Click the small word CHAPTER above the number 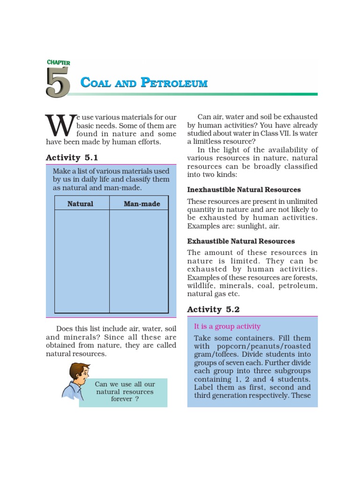tap(58, 62)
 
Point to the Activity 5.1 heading tap(72, 158)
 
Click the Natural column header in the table tap(80, 204)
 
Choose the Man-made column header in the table tap(142, 204)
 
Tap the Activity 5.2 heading tap(213, 309)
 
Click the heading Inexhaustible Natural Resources tap(244, 190)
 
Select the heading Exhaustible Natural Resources tap(241, 241)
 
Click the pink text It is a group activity tap(227, 327)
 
